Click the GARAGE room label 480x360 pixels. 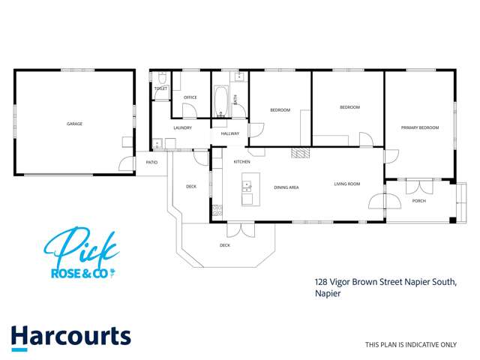74,124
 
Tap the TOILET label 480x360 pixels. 160,88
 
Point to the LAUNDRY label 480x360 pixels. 182,127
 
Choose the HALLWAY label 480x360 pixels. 229,133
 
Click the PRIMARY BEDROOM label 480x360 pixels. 419,127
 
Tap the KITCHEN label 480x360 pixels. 241,162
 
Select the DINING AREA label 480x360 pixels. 286,187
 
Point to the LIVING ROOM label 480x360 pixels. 347,184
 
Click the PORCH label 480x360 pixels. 418,199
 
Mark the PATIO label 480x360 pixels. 151,162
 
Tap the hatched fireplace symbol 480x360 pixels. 300,154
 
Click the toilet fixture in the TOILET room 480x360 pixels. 161,78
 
